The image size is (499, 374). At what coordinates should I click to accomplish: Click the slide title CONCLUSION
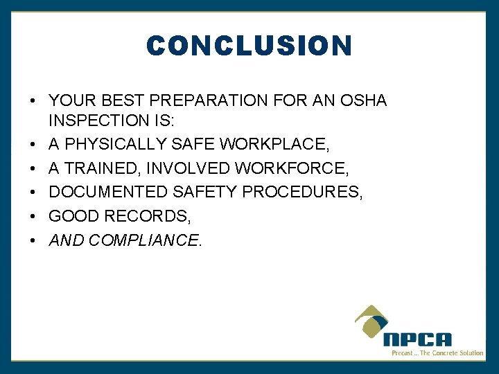click(249, 46)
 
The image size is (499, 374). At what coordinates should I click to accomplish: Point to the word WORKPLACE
click(274, 144)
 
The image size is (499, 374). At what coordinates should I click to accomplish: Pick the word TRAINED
click(96, 168)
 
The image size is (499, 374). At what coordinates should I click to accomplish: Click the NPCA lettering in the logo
click(417, 339)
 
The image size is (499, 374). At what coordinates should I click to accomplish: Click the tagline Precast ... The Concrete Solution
click(437, 353)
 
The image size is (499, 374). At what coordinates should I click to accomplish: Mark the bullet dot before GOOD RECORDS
click(33, 217)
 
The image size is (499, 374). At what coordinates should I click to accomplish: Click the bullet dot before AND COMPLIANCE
click(33, 241)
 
